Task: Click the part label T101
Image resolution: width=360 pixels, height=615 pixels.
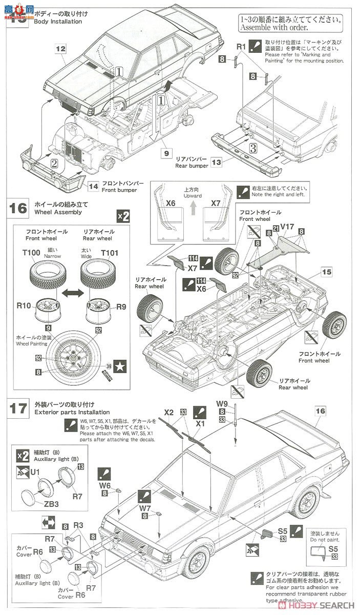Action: (x=109, y=253)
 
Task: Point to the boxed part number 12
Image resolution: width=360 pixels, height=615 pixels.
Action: (x=61, y=49)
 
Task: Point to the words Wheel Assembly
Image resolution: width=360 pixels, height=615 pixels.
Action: (x=57, y=212)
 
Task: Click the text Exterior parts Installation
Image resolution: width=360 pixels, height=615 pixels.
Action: (x=72, y=412)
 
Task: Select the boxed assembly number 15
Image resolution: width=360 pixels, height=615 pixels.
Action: (x=327, y=270)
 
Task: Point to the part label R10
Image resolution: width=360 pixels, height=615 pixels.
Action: (x=24, y=306)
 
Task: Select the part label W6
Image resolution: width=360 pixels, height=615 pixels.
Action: (x=104, y=485)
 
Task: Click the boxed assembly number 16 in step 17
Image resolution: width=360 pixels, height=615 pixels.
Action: (x=321, y=411)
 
